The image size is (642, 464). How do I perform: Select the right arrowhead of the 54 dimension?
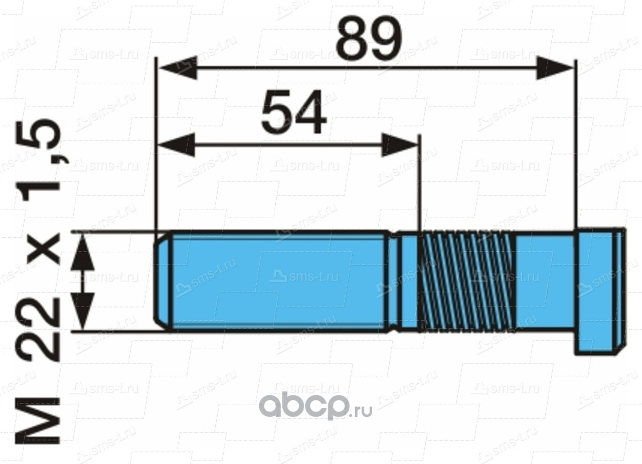coord(399,145)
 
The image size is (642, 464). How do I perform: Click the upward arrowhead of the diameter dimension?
coord(83,253)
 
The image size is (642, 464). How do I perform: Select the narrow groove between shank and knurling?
coord(395,281)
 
